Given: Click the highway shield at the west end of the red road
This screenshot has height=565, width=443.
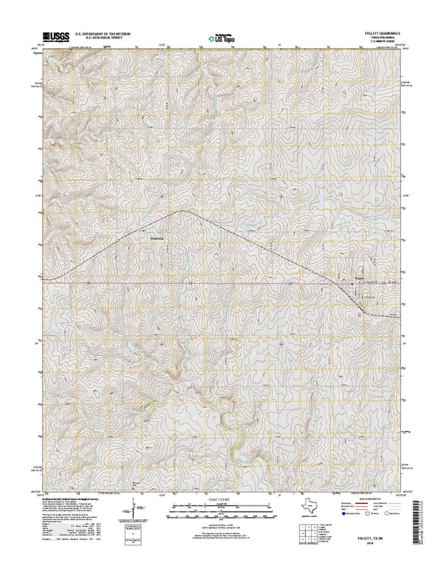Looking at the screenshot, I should coord(87,282).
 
